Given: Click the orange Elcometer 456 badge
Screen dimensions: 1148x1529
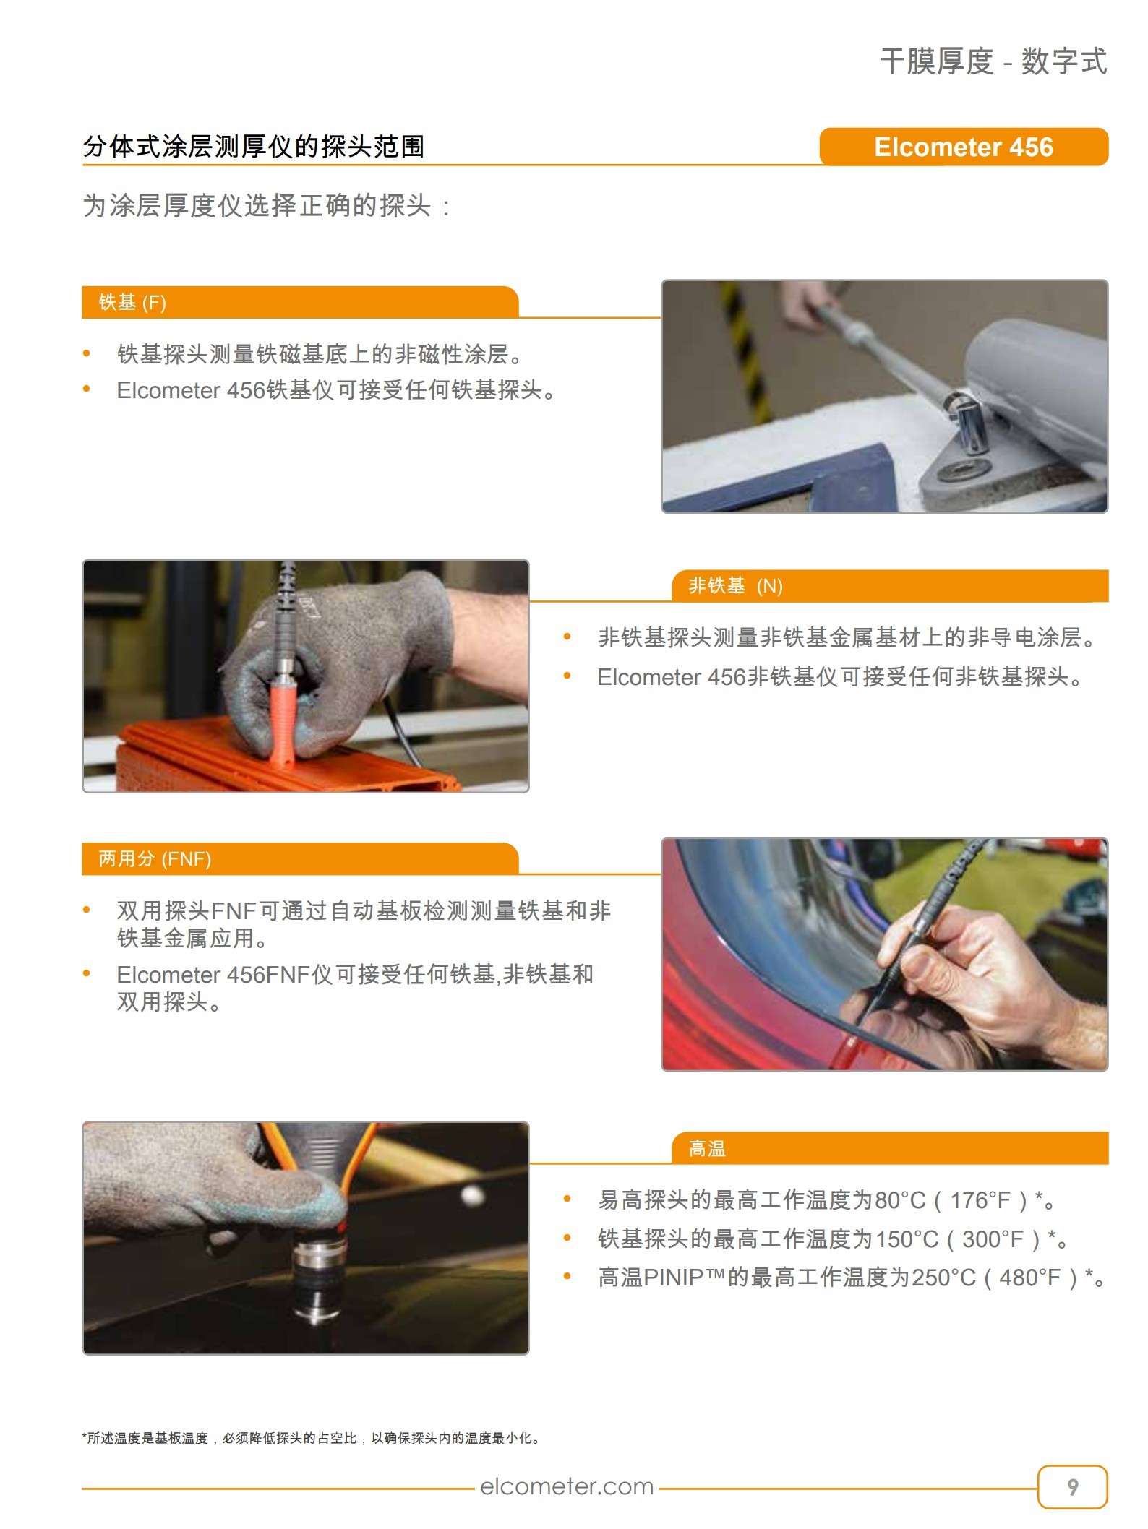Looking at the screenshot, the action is click(963, 147).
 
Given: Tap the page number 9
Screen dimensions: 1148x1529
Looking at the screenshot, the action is click(1073, 1486).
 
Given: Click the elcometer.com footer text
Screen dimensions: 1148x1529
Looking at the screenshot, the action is click(567, 1486).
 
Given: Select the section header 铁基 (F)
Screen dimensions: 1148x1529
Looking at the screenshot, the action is click(132, 302).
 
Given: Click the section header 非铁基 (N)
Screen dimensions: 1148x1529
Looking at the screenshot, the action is click(736, 585).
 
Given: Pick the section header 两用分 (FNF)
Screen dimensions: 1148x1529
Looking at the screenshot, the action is click(155, 858).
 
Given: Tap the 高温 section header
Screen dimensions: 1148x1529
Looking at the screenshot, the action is click(707, 1148).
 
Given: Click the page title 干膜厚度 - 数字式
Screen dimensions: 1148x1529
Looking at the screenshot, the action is click(993, 61).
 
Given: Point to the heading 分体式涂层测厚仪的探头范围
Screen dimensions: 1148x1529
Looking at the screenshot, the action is click(254, 147).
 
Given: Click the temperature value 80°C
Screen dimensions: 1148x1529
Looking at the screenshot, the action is click(900, 1200).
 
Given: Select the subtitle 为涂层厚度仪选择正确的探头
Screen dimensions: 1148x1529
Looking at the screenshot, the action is click(266, 206).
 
